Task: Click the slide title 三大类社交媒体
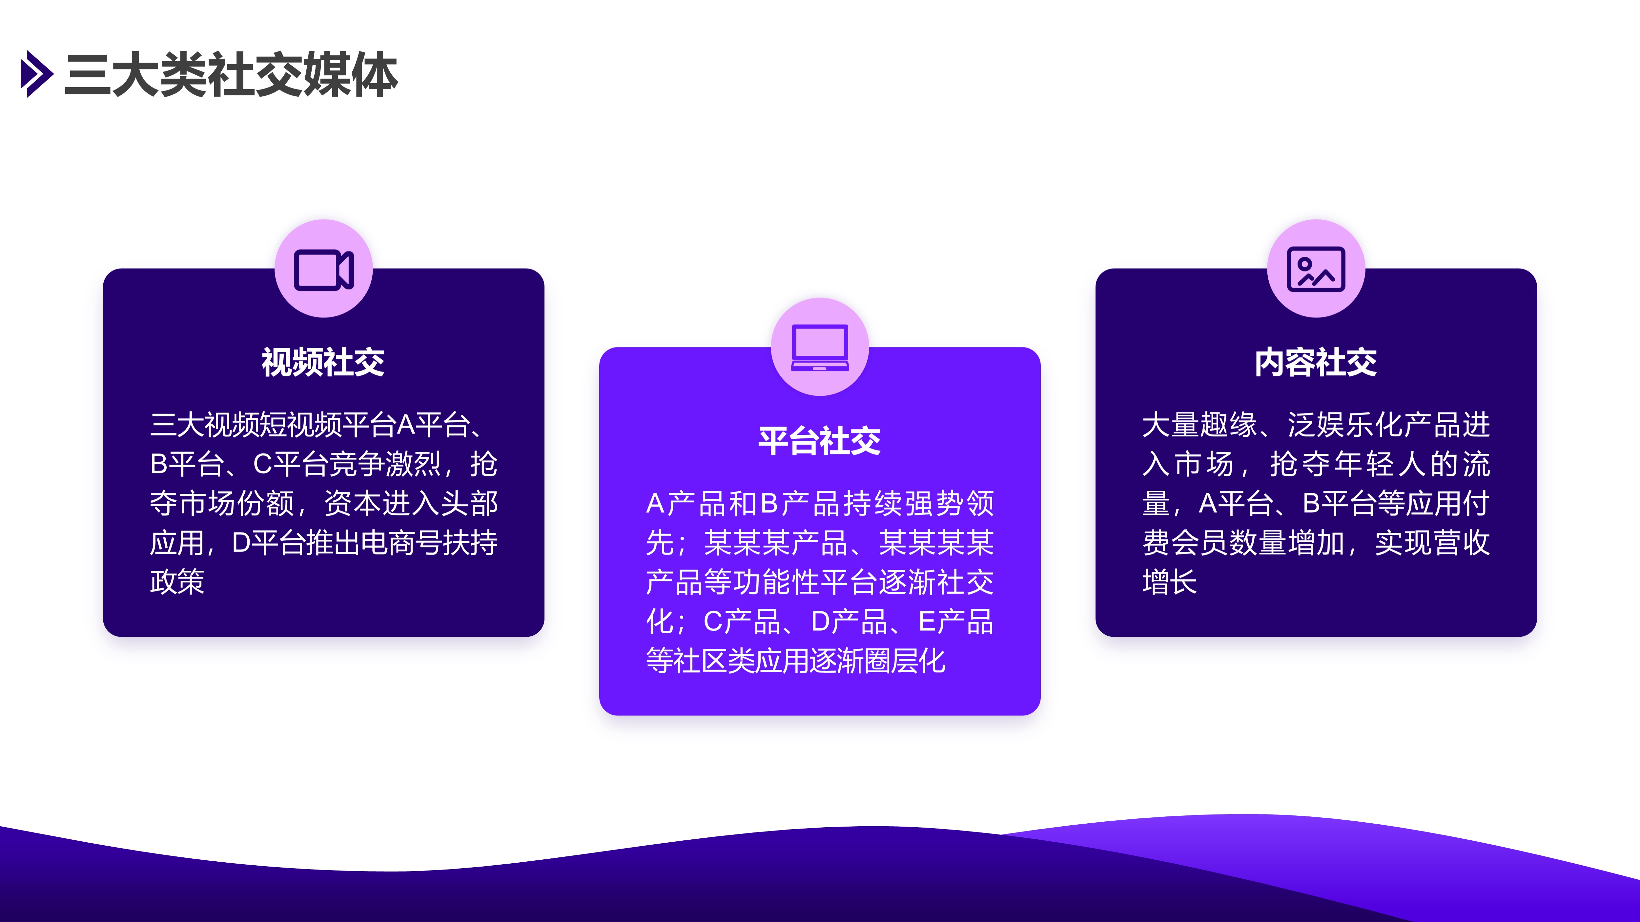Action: [231, 75]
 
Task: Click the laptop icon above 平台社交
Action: [820, 348]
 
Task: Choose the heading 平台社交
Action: [820, 441]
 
